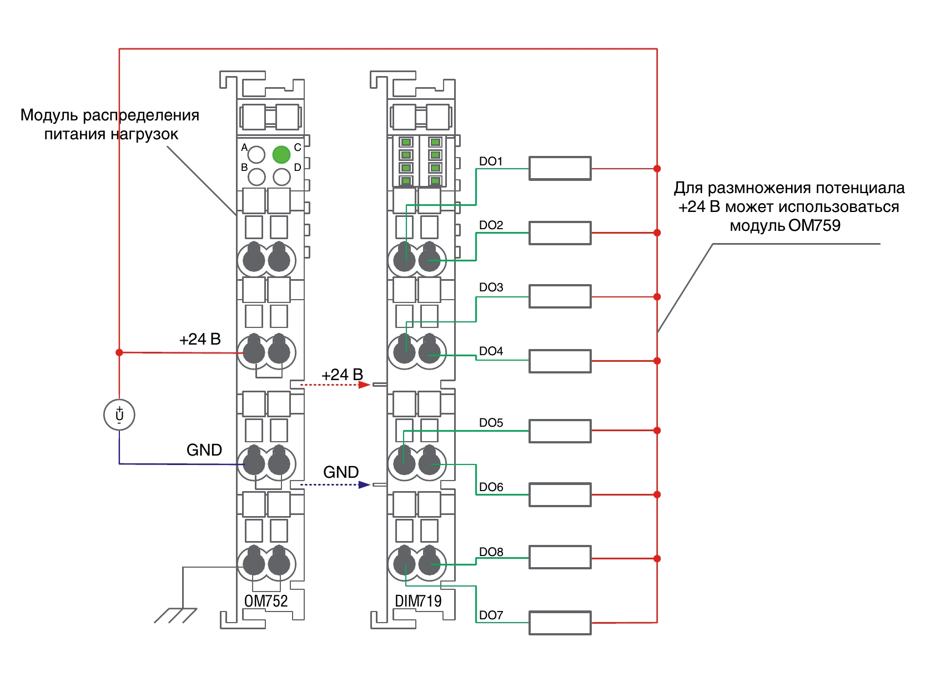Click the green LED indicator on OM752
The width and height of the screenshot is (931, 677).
(x=281, y=154)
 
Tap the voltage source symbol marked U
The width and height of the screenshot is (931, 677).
(x=119, y=415)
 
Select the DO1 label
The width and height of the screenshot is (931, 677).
(x=491, y=161)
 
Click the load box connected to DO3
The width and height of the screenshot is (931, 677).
(x=560, y=296)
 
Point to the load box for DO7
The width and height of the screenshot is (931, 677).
(x=560, y=623)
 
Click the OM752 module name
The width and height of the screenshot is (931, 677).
(x=266, y=601)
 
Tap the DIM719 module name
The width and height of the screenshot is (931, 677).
(x=418, y=601)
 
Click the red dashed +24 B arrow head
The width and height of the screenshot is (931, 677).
(x=364, y=385)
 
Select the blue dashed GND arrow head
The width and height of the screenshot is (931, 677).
(x=364, y=484)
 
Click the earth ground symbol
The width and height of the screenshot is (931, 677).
(x=176, y=615)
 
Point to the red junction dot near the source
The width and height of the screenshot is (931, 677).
(x=119, y=352)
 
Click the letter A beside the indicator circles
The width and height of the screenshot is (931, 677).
(x=244, y=148)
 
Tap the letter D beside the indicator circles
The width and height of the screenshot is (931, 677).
(x=298, y=168)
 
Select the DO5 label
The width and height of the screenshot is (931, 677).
(x=491, y=423)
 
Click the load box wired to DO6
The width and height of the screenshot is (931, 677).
(x=560, y=494)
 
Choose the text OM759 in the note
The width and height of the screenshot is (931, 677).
(x=814, y=225)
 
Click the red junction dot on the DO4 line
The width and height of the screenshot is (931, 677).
(x=657, y=361)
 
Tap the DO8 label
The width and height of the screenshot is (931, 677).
(x=491, y=552)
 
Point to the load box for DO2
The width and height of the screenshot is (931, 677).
(x=560, y=233)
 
